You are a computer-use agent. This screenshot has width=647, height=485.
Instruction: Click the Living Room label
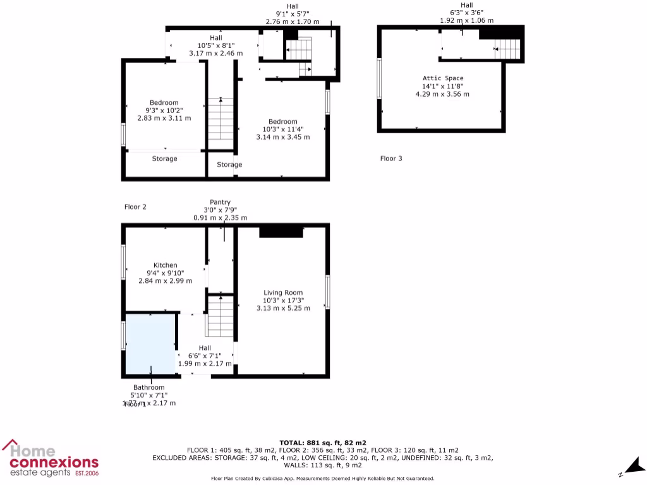(283, 292)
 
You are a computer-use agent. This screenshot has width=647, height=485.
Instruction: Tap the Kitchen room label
(166, 265)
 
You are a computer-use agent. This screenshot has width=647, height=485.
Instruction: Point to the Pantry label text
(220, 202)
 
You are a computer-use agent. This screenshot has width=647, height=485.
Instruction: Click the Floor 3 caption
(390, 159)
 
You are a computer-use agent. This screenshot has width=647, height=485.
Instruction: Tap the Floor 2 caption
(135, 207)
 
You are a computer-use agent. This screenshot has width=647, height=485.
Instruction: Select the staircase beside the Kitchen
(221, 317)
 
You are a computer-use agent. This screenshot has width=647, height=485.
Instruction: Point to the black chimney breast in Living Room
(281, 232)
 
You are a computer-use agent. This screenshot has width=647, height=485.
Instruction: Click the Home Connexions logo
(51, 459)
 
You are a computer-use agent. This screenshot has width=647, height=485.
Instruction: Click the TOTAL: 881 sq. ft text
(323, 443)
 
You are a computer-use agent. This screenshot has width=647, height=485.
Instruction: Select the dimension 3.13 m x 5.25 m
(283, 308)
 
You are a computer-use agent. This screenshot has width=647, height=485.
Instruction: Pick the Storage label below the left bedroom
(164, 159)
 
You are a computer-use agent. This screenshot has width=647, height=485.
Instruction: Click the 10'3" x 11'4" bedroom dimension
(282, 129)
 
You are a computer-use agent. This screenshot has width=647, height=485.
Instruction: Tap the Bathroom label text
(148, 387)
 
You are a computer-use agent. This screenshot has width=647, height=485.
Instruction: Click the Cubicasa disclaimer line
(322, 479)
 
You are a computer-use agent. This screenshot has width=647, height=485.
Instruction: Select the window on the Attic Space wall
(379, 78)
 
